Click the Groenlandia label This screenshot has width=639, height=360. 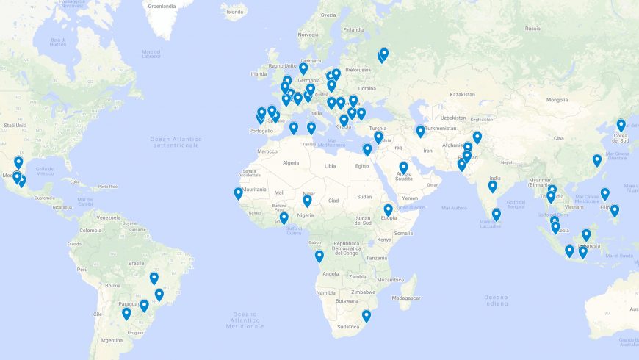(162, 6)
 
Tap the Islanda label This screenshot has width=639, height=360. (235, 12)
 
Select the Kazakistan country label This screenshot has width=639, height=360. (463, 94)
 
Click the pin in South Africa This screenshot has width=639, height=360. (367, 316)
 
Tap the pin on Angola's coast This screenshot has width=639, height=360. (319, 256)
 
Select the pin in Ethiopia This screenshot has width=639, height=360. (388, 210)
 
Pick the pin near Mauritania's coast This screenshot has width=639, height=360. (238, 193)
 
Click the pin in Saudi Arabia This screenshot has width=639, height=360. (403, 168)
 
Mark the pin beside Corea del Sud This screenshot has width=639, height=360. (621, 125)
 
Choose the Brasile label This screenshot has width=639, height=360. (136, 263)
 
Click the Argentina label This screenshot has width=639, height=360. (112, 340)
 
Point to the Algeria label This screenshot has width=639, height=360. (292, 162)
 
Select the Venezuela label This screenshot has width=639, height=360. (108, 218)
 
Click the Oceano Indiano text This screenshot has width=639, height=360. (496, 300)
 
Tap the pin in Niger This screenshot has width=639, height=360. (307, 201)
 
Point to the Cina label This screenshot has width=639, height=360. (559, 138)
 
